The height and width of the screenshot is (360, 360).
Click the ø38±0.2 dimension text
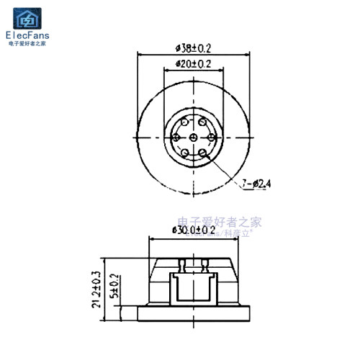193,48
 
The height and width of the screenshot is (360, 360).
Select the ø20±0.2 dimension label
193,64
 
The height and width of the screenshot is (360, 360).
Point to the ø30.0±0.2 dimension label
194,229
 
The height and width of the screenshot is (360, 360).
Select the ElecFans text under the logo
27,34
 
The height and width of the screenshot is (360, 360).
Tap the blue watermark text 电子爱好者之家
220,221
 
